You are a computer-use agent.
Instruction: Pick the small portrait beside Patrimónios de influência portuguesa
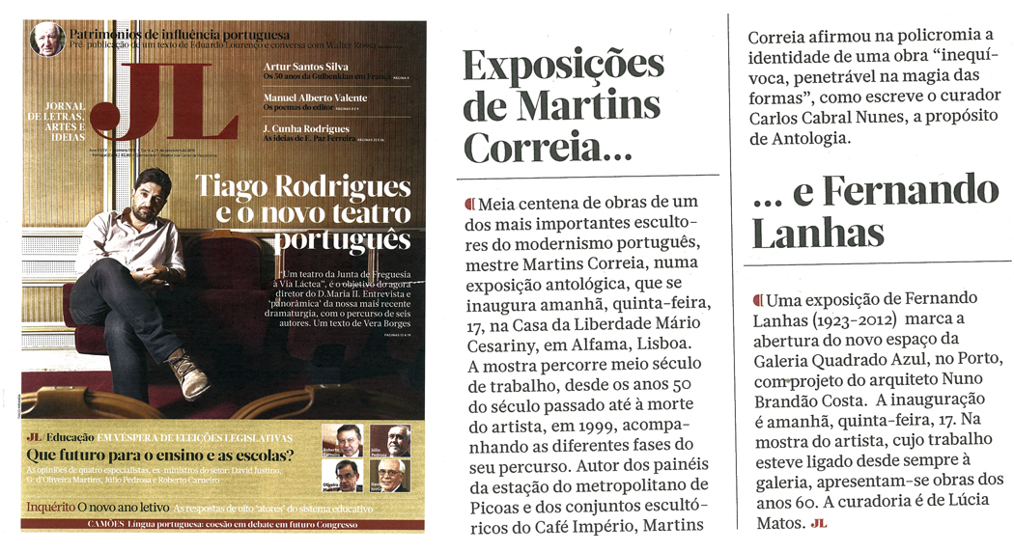pos(46,40)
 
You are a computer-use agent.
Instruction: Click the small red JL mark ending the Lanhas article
pos(820,524)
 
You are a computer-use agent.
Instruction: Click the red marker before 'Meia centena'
pos(470,203)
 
